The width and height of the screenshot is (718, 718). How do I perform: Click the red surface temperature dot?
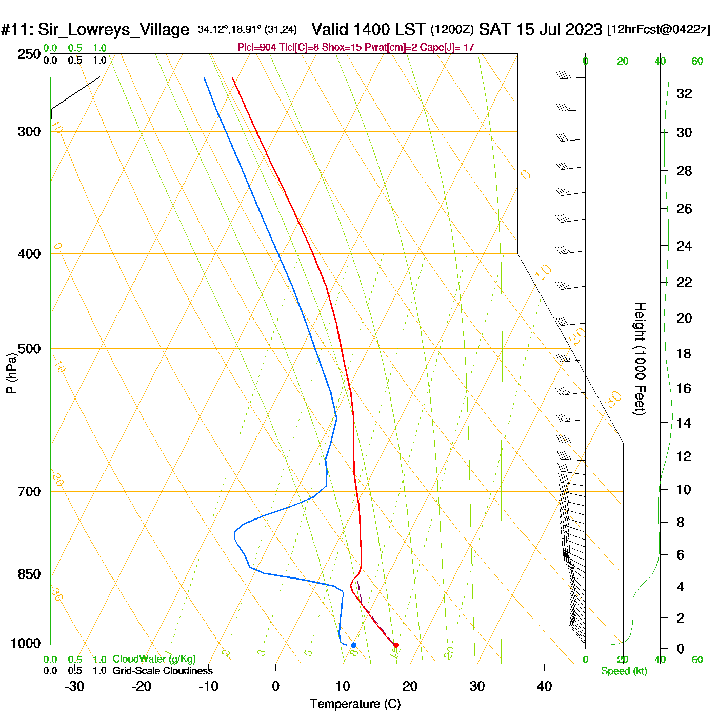(396, 645)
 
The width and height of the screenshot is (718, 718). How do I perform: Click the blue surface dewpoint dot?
(353, 645)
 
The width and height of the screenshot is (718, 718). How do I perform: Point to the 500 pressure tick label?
(29, 349)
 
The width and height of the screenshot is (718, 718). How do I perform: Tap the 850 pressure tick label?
(29, 574)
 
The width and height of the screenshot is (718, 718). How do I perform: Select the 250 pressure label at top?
(29, 54)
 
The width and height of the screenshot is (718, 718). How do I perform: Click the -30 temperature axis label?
(74, 686)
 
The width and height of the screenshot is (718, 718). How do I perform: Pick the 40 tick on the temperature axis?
(544, 686)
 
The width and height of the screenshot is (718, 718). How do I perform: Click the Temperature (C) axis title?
(355, 704)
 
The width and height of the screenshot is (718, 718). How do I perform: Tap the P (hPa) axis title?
(11, 373)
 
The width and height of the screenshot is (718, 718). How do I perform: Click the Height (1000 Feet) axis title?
(640, 358)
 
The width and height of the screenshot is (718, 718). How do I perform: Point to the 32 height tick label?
(684, 94)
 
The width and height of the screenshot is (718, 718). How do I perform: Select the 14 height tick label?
(684, 423)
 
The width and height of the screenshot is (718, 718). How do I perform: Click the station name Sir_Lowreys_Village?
(113, 30)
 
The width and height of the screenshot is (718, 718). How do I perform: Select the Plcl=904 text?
(256, 48)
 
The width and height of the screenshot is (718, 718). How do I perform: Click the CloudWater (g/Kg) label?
(154, 659)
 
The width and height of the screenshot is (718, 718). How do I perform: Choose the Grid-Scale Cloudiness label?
(163, 671)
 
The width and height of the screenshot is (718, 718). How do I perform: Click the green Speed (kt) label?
(624, 671)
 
